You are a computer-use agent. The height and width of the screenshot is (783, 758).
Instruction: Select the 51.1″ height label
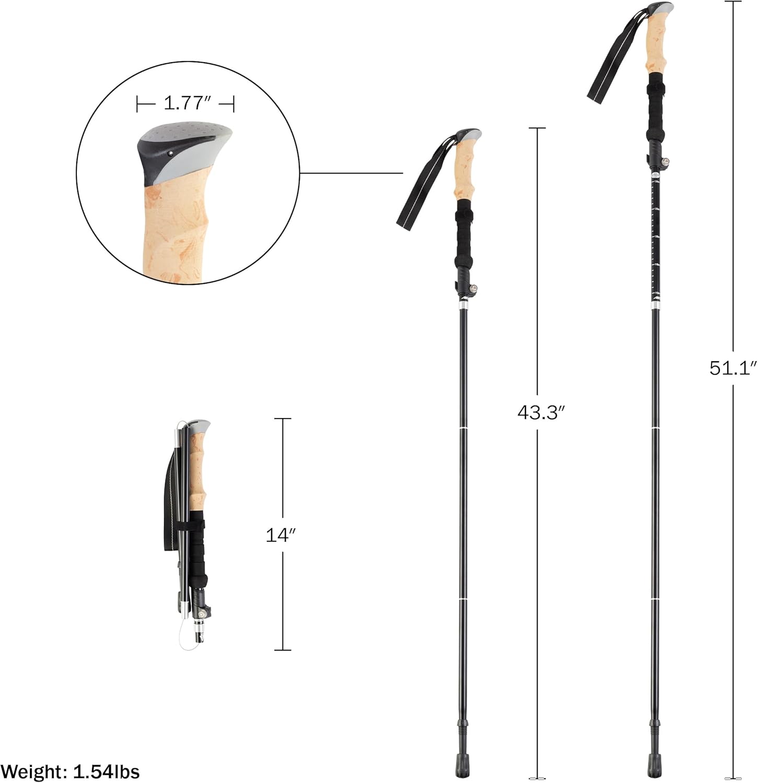[733, 368]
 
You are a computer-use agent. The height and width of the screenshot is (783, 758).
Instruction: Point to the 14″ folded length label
[281, 535]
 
